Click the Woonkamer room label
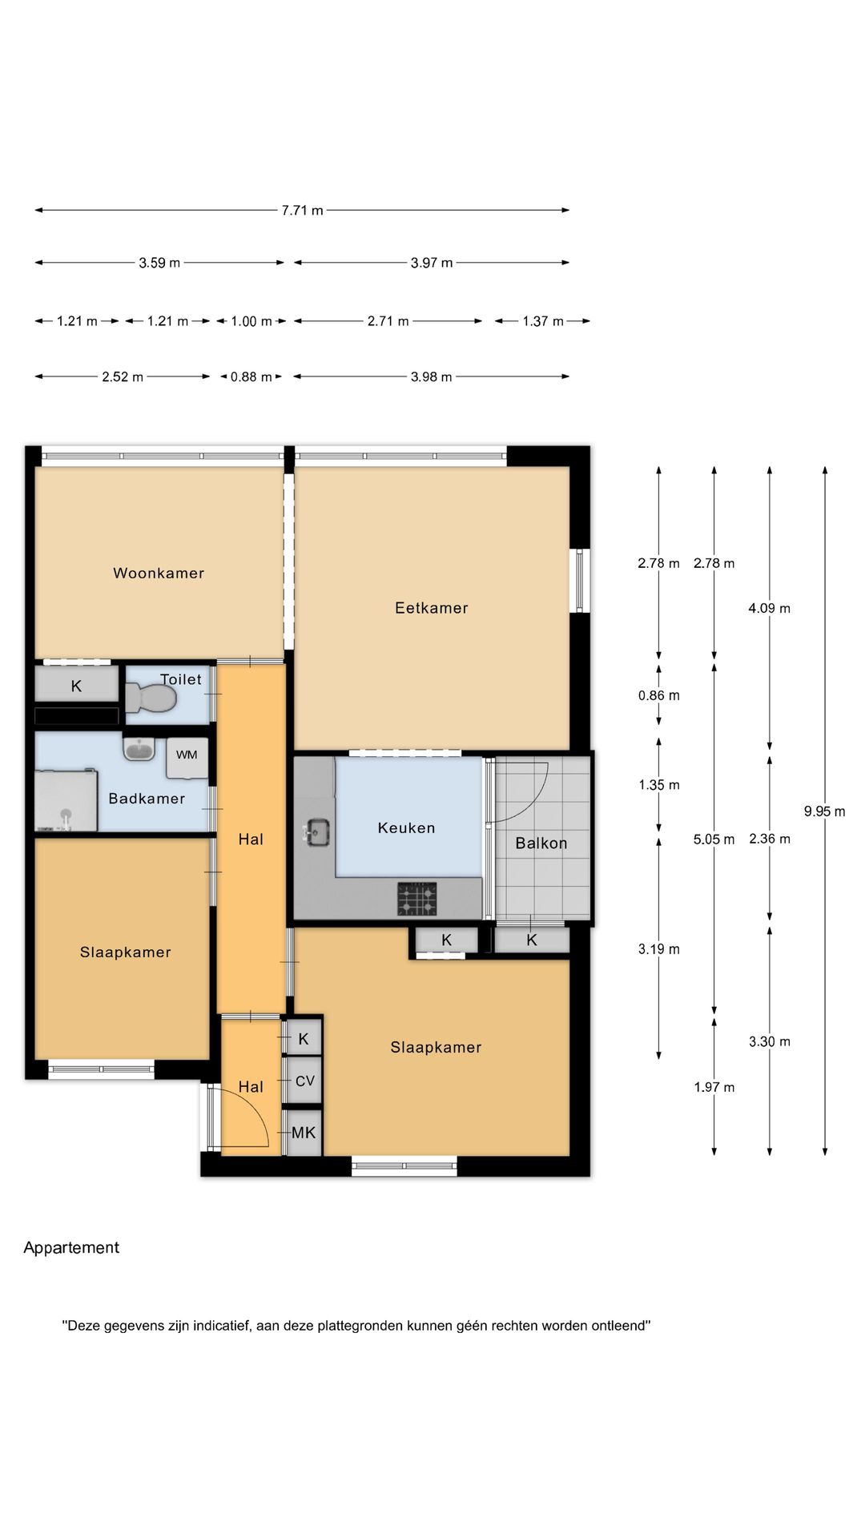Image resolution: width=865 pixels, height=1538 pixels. tap(159, 573)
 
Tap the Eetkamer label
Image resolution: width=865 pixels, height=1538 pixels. tap(432, 608)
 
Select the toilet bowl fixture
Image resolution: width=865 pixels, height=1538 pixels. tap(151, 698)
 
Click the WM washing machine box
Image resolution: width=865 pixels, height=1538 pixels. tap(187, 758)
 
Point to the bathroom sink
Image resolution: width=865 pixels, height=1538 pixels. tap(139, 749)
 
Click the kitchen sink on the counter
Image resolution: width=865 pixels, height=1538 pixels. tap(317, 831)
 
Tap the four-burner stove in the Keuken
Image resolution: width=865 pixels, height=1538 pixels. tap(417, 899)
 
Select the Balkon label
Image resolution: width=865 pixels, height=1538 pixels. tap(541, 843)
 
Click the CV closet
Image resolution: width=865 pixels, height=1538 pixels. tap(304, 1081)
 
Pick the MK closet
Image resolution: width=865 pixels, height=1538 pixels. tap(304, 1133)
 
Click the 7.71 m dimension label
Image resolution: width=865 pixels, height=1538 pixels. tap(303, 211)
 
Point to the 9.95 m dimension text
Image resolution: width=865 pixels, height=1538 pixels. tap(825, 811)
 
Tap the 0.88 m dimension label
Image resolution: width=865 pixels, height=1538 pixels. tap(251, 377)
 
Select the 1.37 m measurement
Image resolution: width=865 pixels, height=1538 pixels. tap(544, 321)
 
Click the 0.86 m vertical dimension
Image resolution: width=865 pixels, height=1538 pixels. tap(659, 695)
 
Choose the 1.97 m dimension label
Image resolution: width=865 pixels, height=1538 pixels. tap(714, 1087)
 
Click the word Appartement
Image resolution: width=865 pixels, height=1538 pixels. tap(71, 1248)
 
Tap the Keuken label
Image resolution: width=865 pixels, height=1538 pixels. tap(407, 828)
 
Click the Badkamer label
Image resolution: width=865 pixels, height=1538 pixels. tap(147, 799)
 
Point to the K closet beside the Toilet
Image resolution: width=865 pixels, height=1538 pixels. tap(77, 686)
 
